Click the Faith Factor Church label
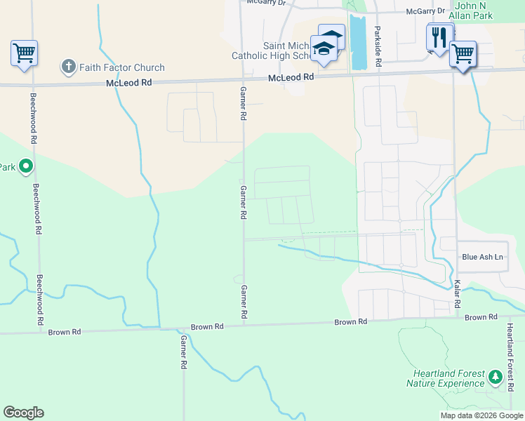(x=122, y=67)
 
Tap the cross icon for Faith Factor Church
(x=68, y=67)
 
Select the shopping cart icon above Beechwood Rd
(x=24, y=53)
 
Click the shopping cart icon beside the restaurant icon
(x=463, y=53)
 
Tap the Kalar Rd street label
(x=457, y=294)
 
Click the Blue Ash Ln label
(x=483, y=257)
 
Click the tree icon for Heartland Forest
(x=495, y=377)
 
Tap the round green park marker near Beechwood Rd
(x=26, y=166)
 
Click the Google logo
(x=23, y=413)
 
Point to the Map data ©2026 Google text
(x=481, y=415)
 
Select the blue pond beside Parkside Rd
(x=358, y=42)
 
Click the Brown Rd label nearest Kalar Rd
(x=480, y=317)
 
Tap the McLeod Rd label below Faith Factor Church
(x=128, y=82)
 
